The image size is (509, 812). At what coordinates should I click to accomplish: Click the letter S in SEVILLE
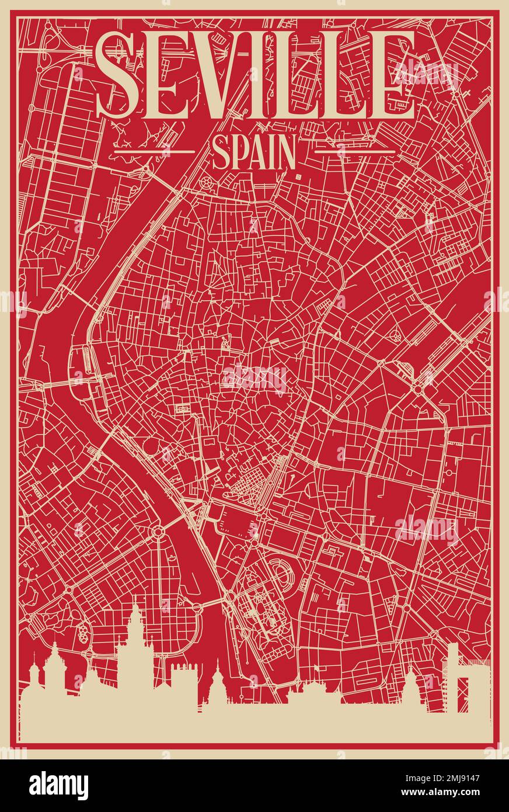(118, 74)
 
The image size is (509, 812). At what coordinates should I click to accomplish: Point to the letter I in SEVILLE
(273, 74)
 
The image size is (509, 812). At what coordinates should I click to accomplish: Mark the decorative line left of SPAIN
(154, 151)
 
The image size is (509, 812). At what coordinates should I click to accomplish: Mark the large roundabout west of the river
(158, 532)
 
